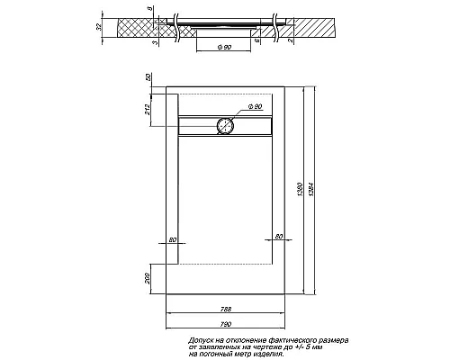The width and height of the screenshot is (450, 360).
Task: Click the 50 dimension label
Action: click(149, 80)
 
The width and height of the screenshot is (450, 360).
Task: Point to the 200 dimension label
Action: click(149, 279)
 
